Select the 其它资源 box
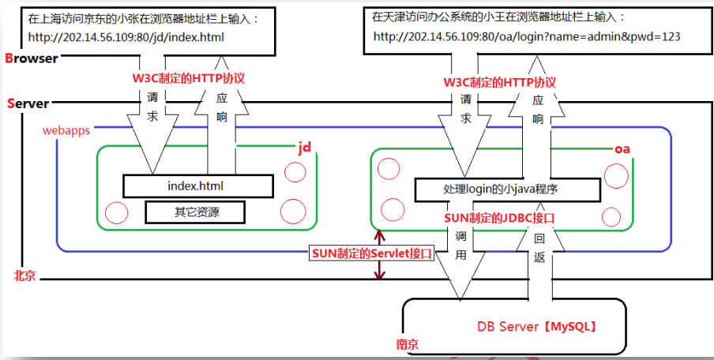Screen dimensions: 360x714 pyautogui.click(x=195, y=212)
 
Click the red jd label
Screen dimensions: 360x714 pyautogui.click(x=305, y=148)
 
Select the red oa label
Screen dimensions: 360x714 pyautogui.click(x=622, y=148)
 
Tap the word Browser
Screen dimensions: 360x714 pyautogui.click(x=32, y=58)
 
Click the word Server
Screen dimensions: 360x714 pyautogui.click(x=28, y=103)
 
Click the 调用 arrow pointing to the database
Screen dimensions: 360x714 pyautogui.click(x=460, y=261)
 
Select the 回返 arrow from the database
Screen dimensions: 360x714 pyautogui.click(x=539, y=261)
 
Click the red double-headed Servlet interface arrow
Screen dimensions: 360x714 pyautogui.click(x=381, y=253)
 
